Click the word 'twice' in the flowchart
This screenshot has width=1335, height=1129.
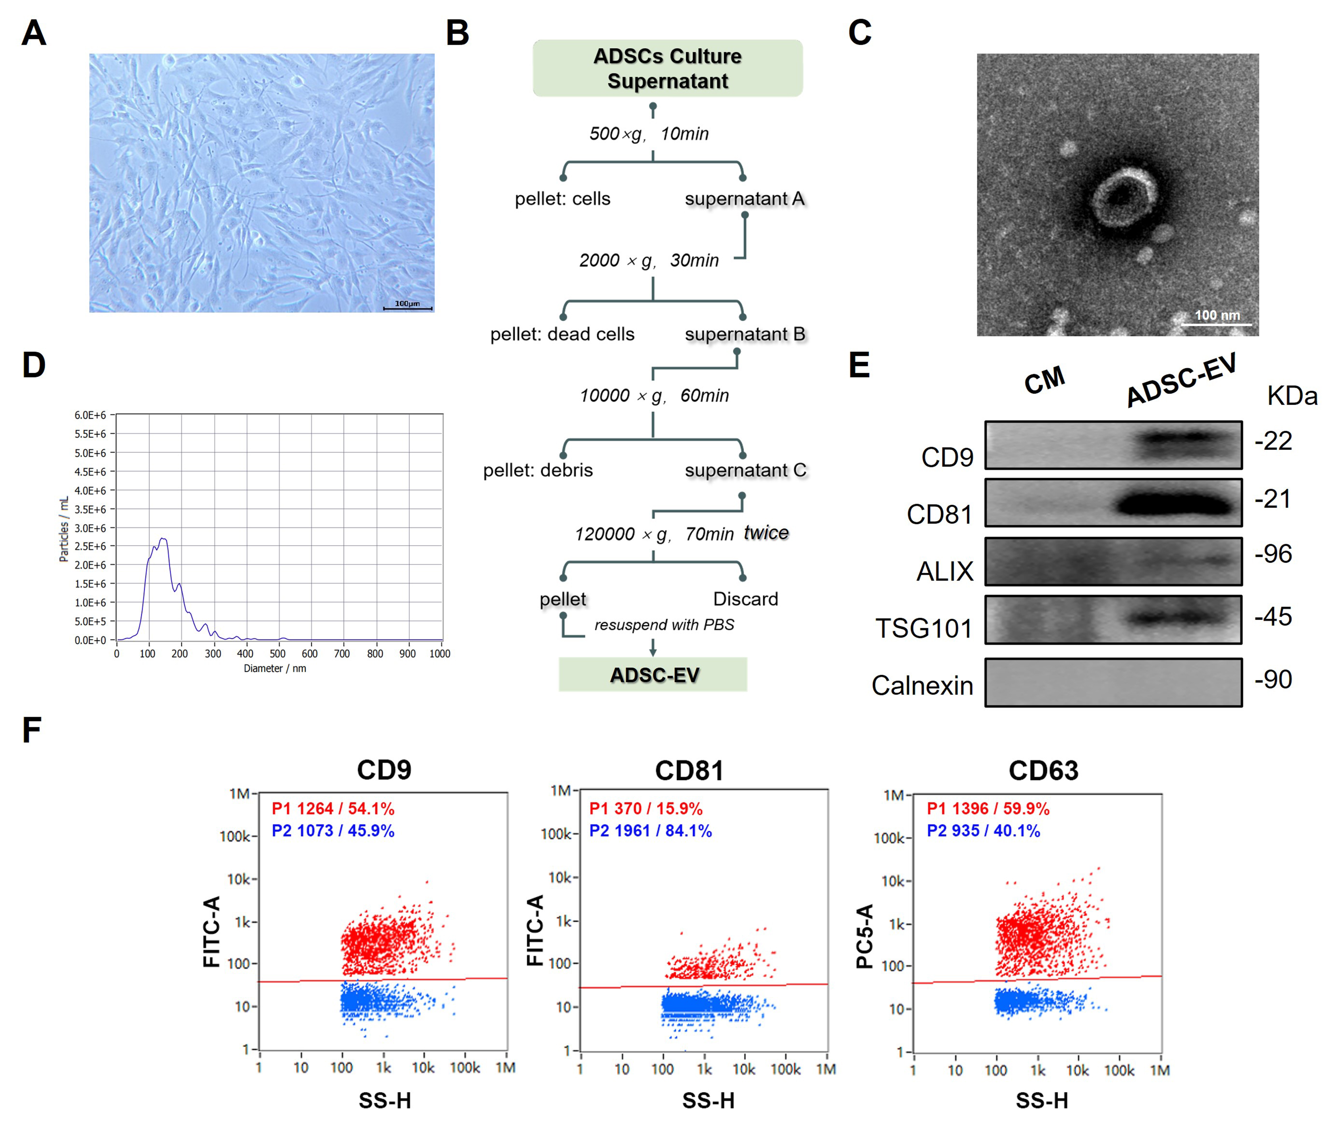766,532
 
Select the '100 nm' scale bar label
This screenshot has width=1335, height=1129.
1217,315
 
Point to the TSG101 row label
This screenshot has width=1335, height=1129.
924,628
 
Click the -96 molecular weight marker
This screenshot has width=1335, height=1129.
1273,554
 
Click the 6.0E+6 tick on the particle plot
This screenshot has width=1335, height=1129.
90,415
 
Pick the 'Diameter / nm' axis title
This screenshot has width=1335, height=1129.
275,668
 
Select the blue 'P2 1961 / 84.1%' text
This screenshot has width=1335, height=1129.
650,831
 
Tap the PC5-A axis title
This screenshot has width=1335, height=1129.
864,936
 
